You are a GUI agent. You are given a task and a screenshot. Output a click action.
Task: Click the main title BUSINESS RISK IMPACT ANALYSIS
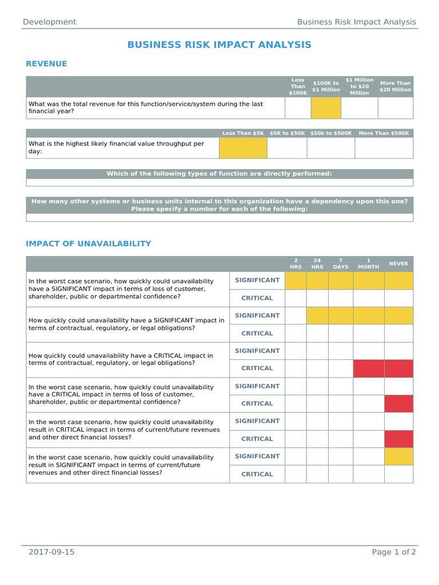[x=219, y=45]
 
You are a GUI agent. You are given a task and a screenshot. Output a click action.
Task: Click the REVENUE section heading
[x=46, y=64]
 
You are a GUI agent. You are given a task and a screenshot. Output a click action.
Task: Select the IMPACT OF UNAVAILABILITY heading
[x=89, y=244]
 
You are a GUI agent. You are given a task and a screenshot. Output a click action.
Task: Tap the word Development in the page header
[x=49, y=22]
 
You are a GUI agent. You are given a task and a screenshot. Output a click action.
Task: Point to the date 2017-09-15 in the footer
[x=51, y=552]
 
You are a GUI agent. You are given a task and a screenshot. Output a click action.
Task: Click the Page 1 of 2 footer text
[x=394, y=552]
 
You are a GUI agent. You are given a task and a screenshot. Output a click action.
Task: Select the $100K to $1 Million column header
[x=326, y=86]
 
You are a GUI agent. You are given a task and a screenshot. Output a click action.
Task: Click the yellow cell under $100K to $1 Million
[x=326, y=107]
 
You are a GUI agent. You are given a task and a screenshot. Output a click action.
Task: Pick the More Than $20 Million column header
[x=395, y=86]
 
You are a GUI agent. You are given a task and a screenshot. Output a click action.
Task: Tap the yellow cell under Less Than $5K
[x=243, y=148]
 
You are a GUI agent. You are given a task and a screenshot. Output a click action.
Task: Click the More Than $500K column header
[x=384, y=133]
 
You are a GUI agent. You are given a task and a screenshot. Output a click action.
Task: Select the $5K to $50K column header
[x=287, y=133]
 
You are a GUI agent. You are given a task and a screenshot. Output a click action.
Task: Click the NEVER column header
[x=398, y=264]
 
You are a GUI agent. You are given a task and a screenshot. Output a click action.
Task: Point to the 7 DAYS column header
[x=341, y=264]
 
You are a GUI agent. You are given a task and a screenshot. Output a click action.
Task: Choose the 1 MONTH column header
[x=369, y=264]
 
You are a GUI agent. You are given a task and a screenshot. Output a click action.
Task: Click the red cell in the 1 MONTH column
[x=369, y=368]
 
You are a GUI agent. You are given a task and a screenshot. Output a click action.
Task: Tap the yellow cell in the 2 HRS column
[x=296, y=281]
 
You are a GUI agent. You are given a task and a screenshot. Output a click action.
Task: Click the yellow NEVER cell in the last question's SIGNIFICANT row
[x=398, y=456]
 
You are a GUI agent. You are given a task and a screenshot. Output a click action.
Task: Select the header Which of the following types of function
[x=219, y=174]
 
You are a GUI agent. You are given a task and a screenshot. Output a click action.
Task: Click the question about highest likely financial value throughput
[x=117, y=147]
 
